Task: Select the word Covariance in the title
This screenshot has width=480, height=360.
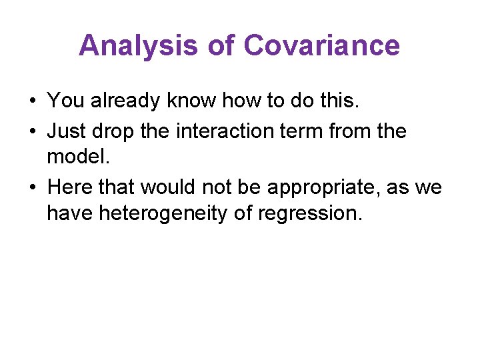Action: tap(321, 46)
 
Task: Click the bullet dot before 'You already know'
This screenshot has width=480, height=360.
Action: tap(32, 101)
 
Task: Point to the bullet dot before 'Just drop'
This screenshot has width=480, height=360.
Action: tap(32, 131)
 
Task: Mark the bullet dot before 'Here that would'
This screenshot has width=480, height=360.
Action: tap(32, 188)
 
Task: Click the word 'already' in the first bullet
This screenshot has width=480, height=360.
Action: tap(126, 101)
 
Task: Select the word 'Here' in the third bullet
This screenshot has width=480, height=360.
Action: tap(70, 188)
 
